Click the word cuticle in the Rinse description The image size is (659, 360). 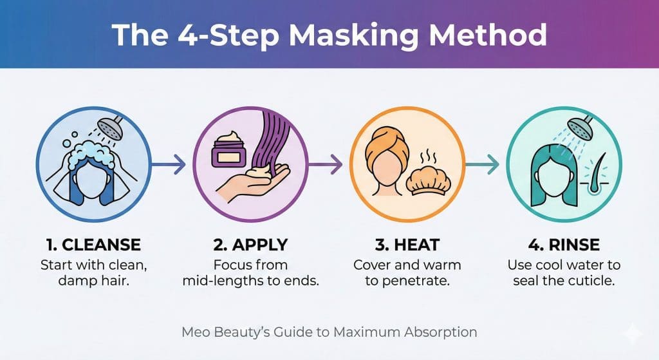[593, 281]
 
